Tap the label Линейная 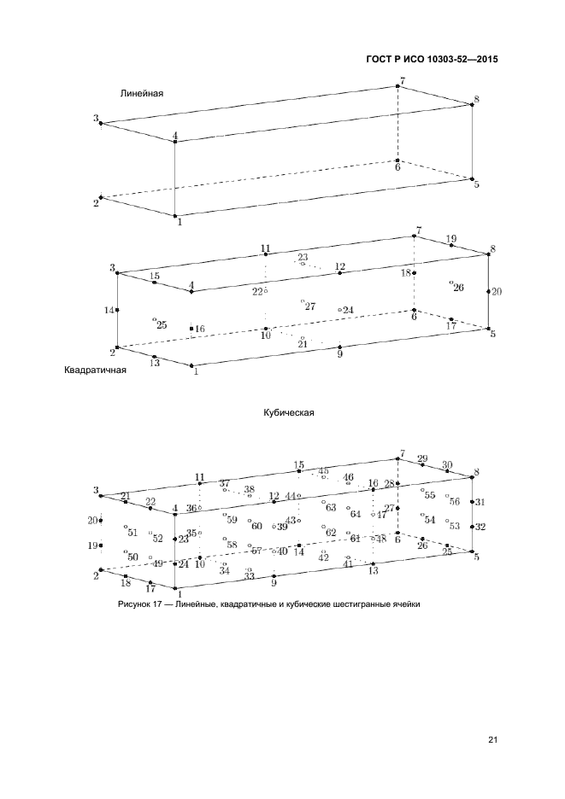tap(142, 93)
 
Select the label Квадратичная tap(96, 370)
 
